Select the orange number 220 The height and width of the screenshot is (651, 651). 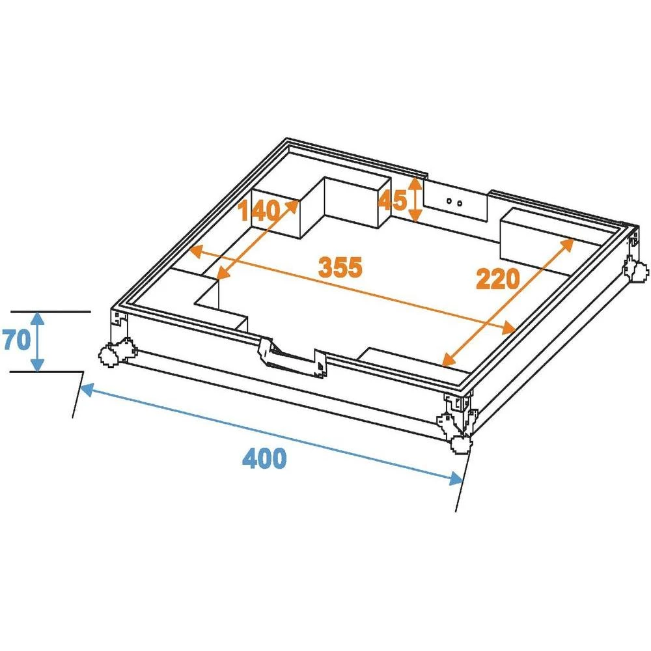click(498, 279)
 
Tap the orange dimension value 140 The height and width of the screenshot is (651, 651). click(258, 211)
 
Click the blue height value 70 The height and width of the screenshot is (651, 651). click(16, 340)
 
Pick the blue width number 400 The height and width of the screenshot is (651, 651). click(264, 459)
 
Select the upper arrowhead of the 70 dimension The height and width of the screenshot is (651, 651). click(38, 318)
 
